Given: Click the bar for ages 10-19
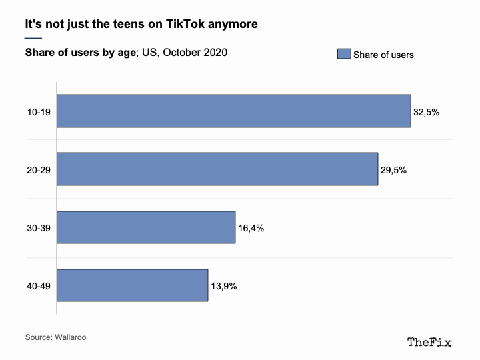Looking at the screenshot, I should tap(233, 111).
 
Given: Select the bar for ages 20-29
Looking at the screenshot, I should tap(217, 169).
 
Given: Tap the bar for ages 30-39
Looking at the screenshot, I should tap(146, 227).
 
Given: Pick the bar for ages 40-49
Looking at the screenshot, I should tap(133, 285).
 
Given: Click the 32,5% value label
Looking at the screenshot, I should tap(426, 112).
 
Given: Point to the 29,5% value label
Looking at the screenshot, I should tap(393, 170).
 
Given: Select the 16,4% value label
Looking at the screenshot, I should tap(251, 228).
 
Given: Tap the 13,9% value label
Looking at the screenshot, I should tap(224, 286).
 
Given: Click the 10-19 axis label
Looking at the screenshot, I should tap(39, 112).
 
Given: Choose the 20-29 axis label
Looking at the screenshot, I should tap(39, 170).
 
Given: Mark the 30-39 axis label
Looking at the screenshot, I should tap(39, 228).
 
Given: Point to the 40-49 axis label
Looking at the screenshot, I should tap(39, 286).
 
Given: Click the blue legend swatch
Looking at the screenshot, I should tap(344, 54).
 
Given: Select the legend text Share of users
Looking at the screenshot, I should tap(383, 55).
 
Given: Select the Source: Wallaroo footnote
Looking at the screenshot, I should tap(55, 337).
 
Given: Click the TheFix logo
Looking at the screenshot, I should tap(429, 342).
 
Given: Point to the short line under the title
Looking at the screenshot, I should tap(33, 38).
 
